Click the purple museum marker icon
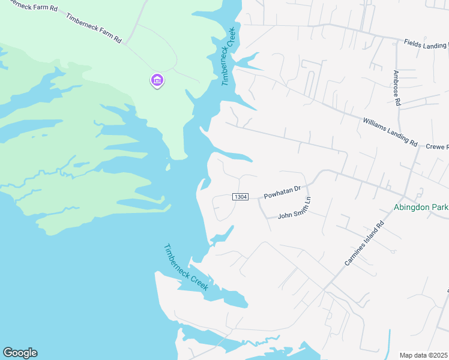click(157, 80)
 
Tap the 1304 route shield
click(240, 197)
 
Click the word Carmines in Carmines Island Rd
click(355, 254)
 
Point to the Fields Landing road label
click(426, 44)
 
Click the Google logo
click(20, 353)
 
